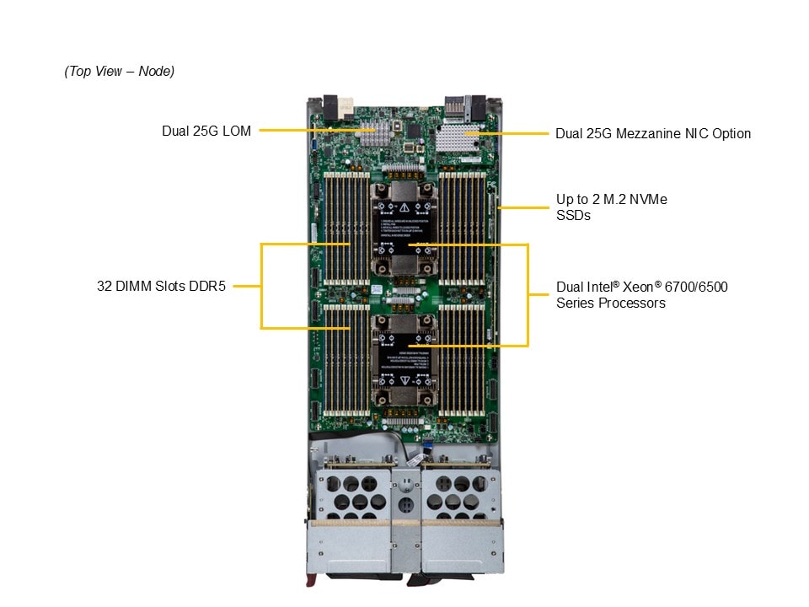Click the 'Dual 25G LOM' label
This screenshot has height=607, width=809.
click(x=206, y=132)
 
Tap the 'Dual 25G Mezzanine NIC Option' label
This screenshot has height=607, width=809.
click(x=652, y=133)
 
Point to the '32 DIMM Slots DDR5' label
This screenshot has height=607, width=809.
click(x=161, y=286)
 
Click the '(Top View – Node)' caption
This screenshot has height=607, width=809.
click(x=119, y=72)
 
